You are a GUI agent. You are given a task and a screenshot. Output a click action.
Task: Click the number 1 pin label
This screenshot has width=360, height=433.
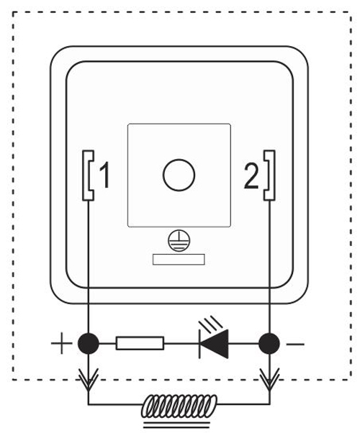(x=105, y=175)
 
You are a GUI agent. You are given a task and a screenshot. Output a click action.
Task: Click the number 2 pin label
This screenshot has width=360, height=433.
(x=251, y=176)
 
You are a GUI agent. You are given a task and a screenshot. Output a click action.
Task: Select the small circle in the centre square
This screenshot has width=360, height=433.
(x=179, y=175)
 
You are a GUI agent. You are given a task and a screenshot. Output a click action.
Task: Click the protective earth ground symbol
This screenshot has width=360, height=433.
(x=179, y=241)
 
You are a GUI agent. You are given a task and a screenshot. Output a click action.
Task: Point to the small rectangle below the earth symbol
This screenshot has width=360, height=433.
(x=179, y=260)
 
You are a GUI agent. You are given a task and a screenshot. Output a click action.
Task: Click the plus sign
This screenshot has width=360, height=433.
(x=61, y=343)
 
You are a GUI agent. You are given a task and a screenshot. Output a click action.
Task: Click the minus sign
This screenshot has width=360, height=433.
(x=295, y=344)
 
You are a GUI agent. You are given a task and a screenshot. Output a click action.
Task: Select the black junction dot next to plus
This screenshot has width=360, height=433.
(x=89, y=344)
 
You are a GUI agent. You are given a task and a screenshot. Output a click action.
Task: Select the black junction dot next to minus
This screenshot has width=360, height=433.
(x=269, y=344)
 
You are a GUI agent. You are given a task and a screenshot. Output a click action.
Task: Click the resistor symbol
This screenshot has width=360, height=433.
(x=140, y=343)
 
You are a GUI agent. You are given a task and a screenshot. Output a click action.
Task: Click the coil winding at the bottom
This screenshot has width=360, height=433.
(x=179, y=406)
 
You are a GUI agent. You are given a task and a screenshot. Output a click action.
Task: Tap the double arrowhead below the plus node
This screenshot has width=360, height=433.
(x=89, y=379)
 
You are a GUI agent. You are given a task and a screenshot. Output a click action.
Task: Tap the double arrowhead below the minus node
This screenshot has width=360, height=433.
(x=269, y=379)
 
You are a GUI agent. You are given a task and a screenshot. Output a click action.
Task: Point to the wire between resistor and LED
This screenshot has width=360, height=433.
(x=181, y=344)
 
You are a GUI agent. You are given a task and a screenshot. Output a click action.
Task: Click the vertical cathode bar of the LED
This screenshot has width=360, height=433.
(x=199, y=344)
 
